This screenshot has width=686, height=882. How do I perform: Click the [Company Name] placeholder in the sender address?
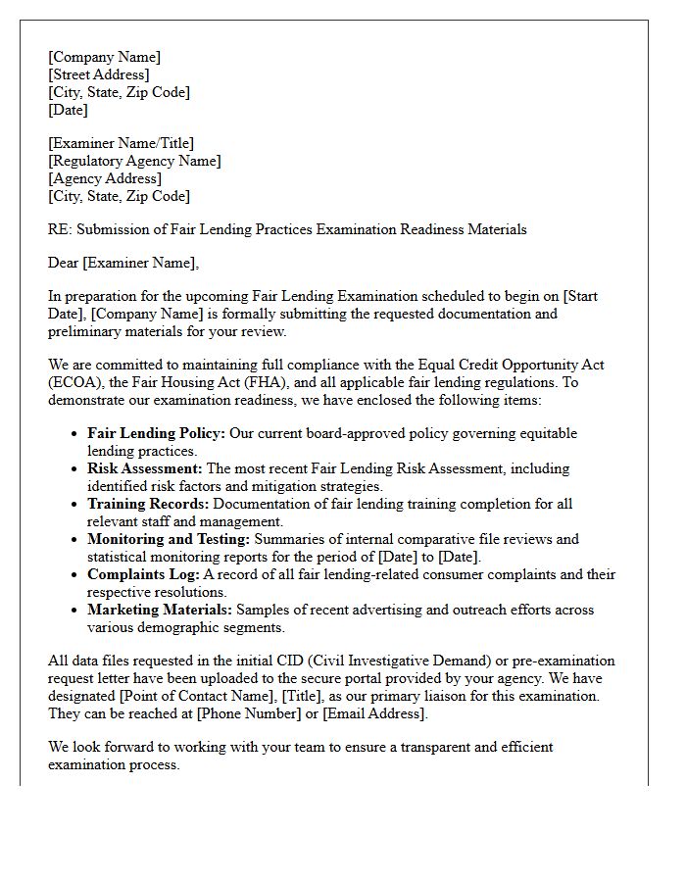104,57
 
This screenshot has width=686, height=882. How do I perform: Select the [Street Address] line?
98,74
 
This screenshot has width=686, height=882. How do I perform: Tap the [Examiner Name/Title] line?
121,143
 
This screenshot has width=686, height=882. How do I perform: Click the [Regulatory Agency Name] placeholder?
134,161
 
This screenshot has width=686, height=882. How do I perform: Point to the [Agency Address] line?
105,178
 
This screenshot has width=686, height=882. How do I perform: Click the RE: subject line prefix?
60,229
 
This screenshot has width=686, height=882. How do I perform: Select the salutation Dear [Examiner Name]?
122,263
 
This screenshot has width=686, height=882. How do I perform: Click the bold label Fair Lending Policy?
157,433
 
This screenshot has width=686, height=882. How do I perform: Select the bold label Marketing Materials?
160,610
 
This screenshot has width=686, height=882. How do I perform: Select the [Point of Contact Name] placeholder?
196,696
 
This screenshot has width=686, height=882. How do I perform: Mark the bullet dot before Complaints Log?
75,574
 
